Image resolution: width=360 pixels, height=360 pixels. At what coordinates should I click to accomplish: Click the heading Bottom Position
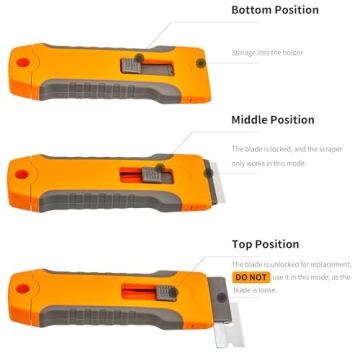coord(275,10)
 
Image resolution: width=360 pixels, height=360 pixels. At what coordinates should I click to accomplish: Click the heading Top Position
coord(265,244)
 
